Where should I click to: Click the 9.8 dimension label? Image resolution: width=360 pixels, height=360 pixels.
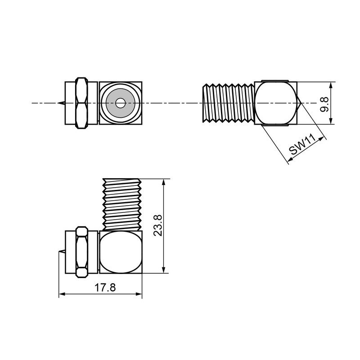point(324,104)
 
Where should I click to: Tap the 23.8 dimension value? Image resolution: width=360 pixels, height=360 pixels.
point(158,225)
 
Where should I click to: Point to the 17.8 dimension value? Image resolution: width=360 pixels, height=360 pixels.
point(105,288)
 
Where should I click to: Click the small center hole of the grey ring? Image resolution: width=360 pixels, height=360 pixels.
point(120,103)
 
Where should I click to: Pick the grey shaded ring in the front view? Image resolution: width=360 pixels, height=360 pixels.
point(120,103)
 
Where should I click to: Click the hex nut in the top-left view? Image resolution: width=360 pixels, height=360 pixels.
point(82,103)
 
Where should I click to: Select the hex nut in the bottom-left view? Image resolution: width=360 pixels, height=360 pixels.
point(82,252)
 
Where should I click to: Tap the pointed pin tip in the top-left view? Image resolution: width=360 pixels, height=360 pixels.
point(58,103)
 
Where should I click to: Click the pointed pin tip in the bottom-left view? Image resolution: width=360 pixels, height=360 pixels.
point(59,252)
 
